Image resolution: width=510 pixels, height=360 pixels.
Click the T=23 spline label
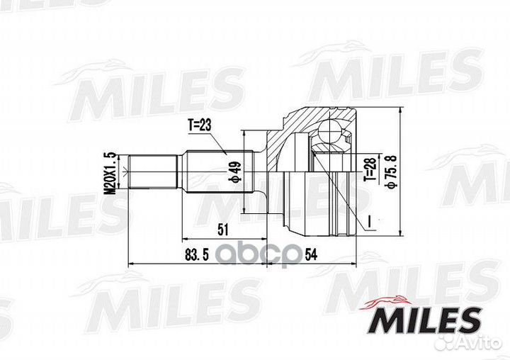click(x=199, y=125)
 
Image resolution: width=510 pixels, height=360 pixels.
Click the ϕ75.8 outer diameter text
click(x=392, y=172)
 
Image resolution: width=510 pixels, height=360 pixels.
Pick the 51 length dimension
click(x=222, y=230)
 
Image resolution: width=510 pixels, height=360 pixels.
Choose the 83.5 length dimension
click(x=197, y=255)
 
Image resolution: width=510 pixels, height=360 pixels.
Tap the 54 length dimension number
click(x=311, y=255)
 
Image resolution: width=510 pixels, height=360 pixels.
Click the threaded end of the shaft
click(x=153, y=171)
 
